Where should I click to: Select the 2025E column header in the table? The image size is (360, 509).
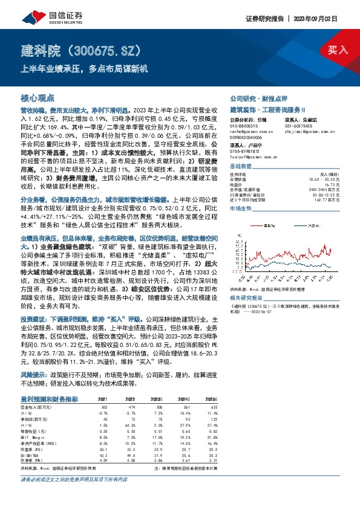click(210, 400)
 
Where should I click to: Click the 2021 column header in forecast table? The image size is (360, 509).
click(103, 400)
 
